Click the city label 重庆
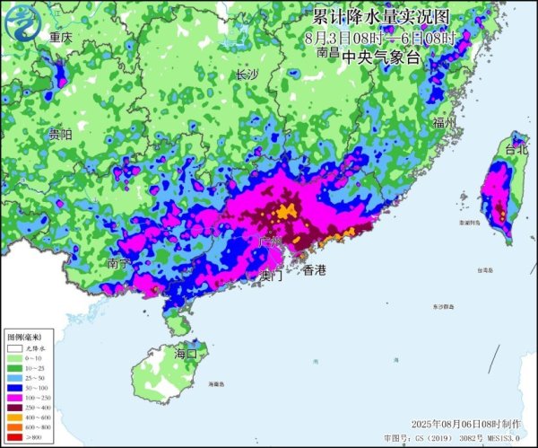click(x=61, y=38)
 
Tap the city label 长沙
click(x=246, y=75)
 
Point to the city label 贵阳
click(x=60, y=135)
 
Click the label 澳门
click(x=270, y=277)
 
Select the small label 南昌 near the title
click(x=328, y=53)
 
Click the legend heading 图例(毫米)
click(x=23, y=337)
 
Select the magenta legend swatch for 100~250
click(x=14, y=399)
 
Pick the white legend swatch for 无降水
click(x=14, y=347)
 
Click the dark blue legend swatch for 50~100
click(x=14, y=389)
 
